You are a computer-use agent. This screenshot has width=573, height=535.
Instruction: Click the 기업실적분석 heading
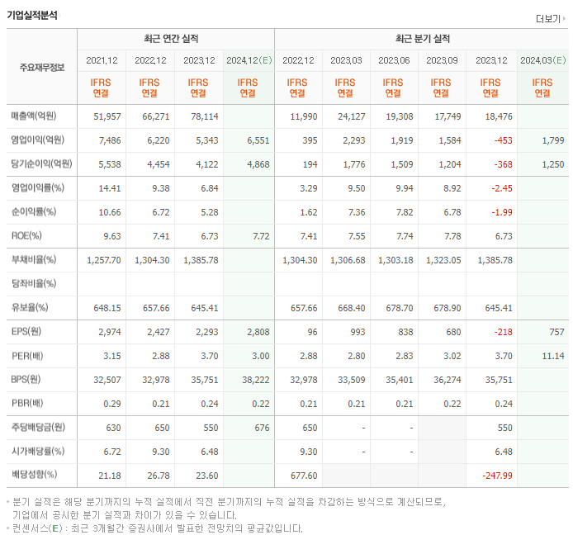click(32, 14)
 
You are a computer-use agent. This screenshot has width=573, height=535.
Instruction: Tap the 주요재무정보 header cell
click(41, 68)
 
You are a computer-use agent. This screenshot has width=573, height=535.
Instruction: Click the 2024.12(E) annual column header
click(249, 60)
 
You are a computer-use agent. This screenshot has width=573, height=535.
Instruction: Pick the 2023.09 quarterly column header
click(443, 60)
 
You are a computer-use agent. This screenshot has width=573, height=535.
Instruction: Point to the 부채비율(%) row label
click(35, 260)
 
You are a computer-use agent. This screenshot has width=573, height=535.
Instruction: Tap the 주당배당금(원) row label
click(39, 428)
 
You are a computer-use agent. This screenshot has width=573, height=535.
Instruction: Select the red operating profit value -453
click(503, 140)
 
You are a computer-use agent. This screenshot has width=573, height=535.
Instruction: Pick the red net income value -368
click(503, 164)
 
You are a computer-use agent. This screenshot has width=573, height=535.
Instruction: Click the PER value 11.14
click(552, 356)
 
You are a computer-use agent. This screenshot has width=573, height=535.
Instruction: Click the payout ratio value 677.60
click(304, 476)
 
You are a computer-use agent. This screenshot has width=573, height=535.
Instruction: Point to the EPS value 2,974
click(108, 332)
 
